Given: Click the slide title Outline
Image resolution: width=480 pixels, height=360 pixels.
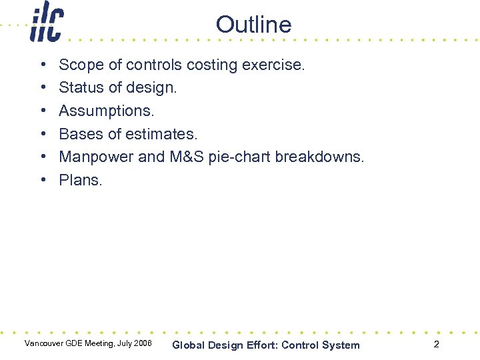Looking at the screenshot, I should tap(253, 25).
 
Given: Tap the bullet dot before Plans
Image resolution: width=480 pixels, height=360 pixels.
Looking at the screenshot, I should tap(42, 180).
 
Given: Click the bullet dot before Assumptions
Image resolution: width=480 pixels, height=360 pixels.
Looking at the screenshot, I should tap(42, 111).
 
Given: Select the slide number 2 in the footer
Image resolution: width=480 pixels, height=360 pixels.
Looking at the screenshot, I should tap(436, 345).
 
